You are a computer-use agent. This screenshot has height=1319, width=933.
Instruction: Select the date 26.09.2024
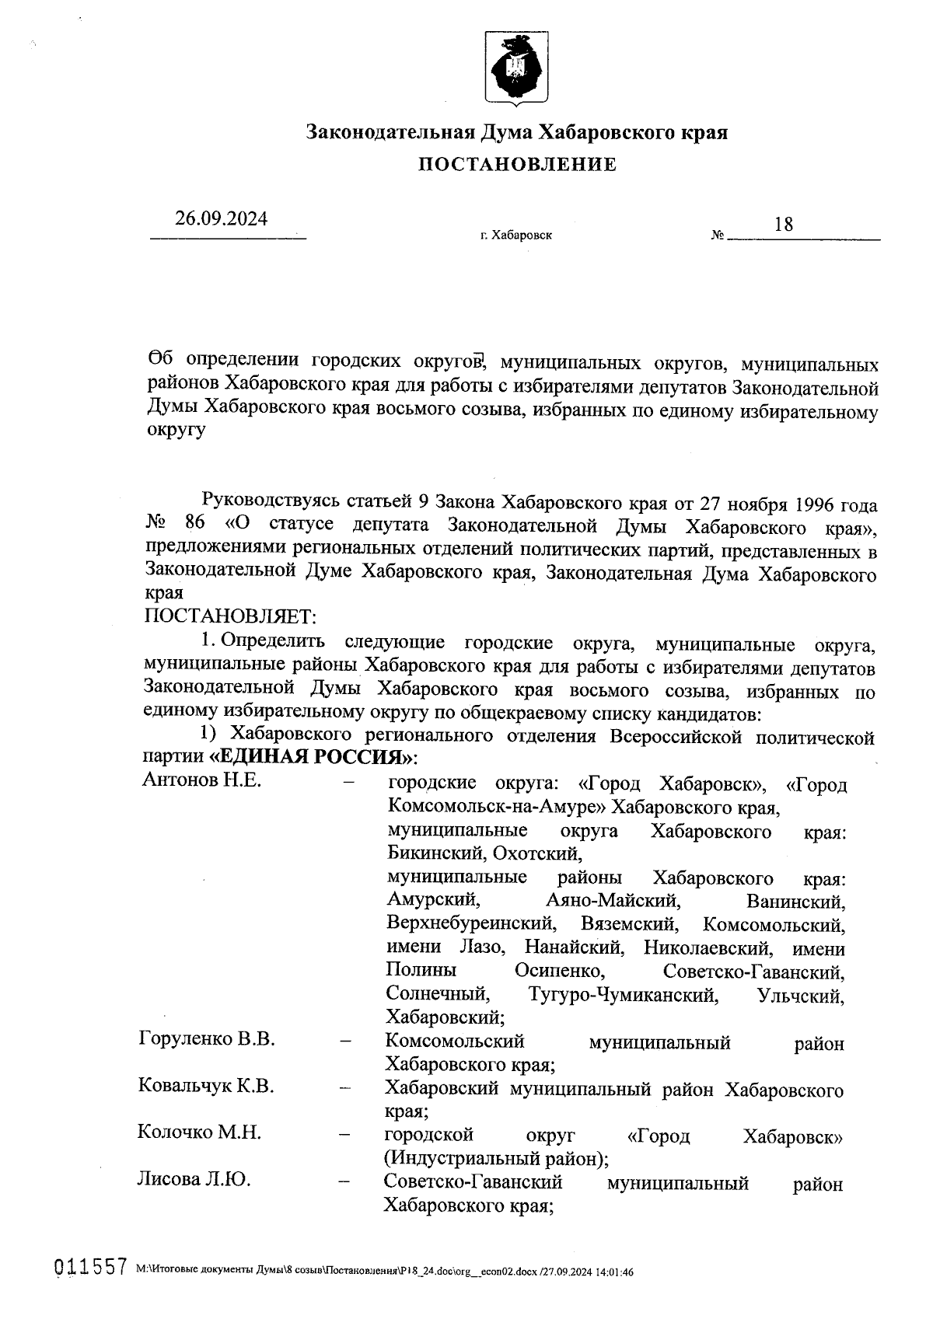tap(221, 219)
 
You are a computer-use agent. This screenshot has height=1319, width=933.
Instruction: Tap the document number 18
tap(784, 225)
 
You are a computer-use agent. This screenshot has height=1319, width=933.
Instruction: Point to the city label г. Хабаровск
tap(516, 236)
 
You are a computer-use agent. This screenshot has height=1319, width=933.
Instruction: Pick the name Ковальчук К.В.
tap(206, 1086)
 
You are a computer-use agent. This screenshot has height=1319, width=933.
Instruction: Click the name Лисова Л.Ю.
tap(194, 1180)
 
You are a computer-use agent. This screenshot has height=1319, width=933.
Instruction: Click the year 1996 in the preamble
tap(815, 504)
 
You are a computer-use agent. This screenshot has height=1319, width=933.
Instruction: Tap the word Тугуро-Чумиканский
tap(623, 995)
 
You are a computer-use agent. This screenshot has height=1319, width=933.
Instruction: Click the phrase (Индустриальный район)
tap(496, 1158)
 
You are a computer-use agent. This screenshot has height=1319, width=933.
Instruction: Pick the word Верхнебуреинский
tap(471, 924)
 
